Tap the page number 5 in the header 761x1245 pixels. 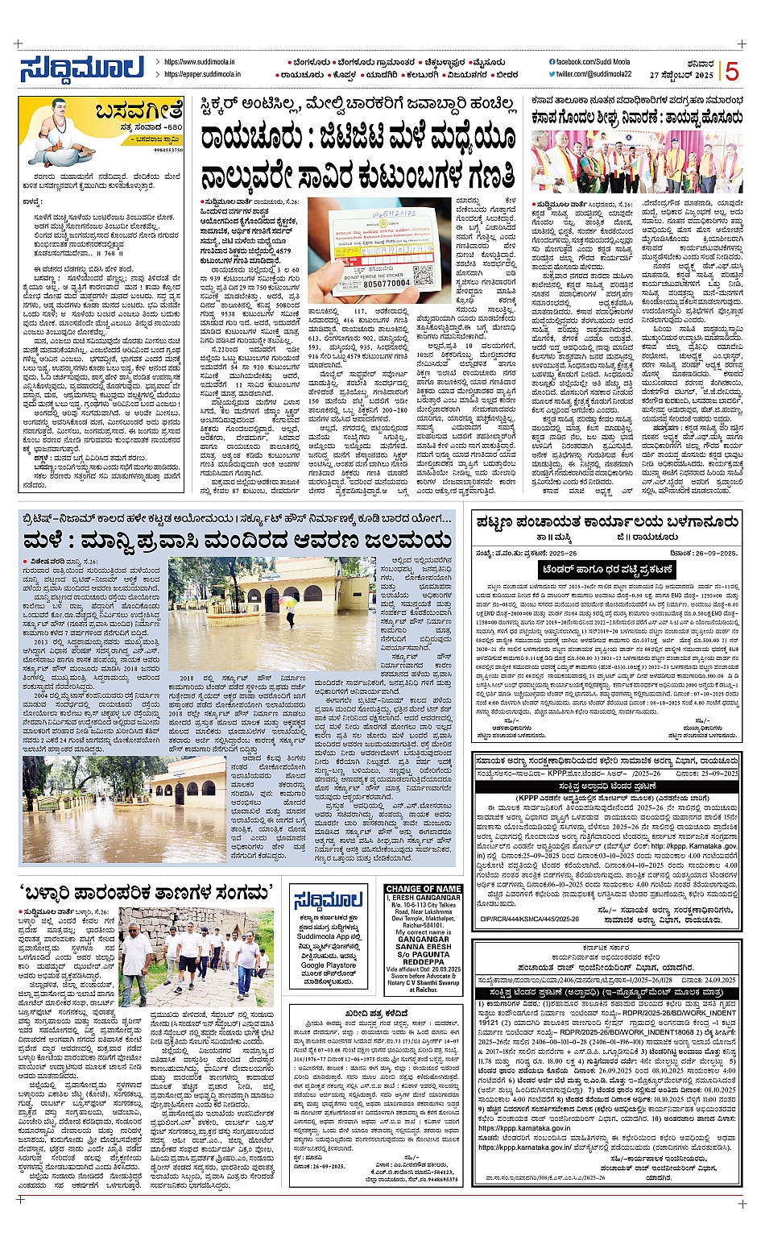(x=731, y=71)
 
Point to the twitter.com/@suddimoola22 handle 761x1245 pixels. (x=593, y=74)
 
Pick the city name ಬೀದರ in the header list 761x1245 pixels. (x=507, y=74)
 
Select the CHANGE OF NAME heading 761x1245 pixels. (x=424, y=889)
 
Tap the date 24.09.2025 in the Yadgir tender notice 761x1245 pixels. (x=711, y=980)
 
